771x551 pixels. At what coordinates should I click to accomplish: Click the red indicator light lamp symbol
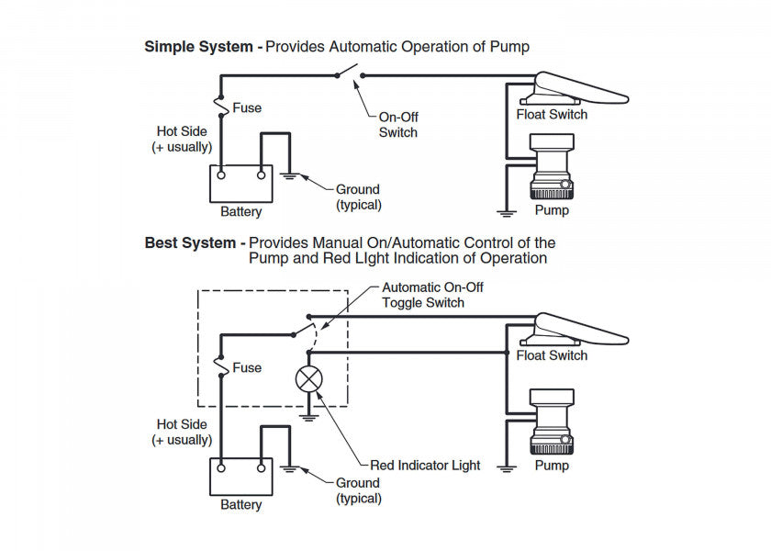point(308,379)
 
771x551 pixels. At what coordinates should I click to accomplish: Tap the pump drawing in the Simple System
point(552,166)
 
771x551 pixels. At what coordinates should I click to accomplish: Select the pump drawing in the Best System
point(552,422)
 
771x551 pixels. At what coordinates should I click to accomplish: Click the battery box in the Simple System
point(240,184)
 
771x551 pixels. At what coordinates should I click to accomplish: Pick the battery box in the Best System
point(240,477)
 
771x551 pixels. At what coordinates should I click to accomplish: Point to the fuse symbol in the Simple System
point(221,106)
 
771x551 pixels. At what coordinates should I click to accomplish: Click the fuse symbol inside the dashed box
point(221,365)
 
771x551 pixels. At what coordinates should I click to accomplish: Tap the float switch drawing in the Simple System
point(575,88)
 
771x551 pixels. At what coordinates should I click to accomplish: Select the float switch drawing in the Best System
point(575,330)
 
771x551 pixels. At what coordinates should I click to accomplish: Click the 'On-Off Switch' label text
point(398,125)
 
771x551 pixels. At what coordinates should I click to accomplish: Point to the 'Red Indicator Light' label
point(425,465)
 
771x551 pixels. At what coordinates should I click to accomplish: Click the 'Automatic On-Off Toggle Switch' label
point(432,295)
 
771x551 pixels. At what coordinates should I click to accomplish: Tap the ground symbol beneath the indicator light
point(308,417)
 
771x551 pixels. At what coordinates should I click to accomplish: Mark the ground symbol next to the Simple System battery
point(289,175)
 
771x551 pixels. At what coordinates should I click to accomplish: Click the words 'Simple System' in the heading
point(198,47)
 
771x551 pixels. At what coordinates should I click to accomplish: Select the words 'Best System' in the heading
point(190,243)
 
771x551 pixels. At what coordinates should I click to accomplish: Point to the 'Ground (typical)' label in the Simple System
point(359,197)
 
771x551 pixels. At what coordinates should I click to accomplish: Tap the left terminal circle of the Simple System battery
point(221,175)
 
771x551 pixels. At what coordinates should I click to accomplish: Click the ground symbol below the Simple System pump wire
point(507,213)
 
